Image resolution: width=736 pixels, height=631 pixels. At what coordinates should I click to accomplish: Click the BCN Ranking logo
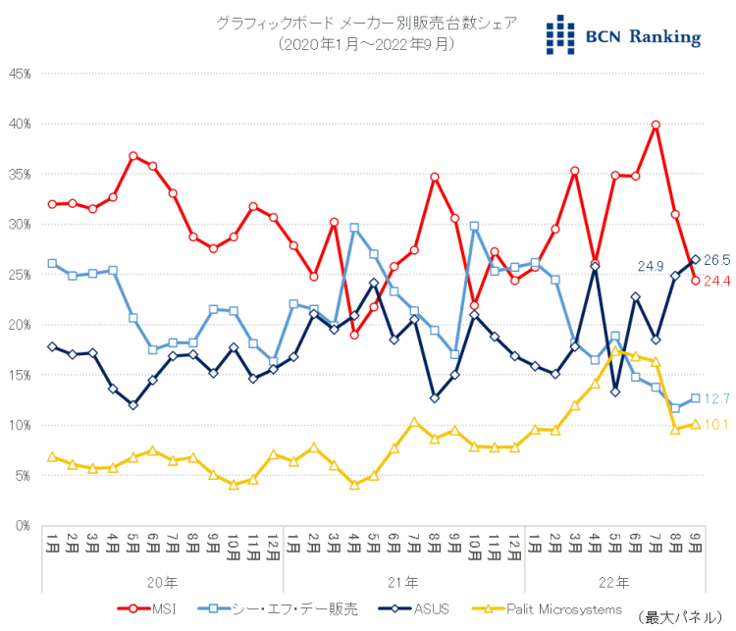click(x=624, y=35)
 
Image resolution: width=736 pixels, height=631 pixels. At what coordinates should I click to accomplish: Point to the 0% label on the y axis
click(x=24, y=525)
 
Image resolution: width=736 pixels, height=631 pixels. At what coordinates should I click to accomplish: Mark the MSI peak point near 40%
click(x=656, y=125)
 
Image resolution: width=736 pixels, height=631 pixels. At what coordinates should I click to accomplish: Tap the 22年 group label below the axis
click(x=614, y=582)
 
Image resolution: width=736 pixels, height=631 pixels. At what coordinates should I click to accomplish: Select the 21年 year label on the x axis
click(x=404, y=582)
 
